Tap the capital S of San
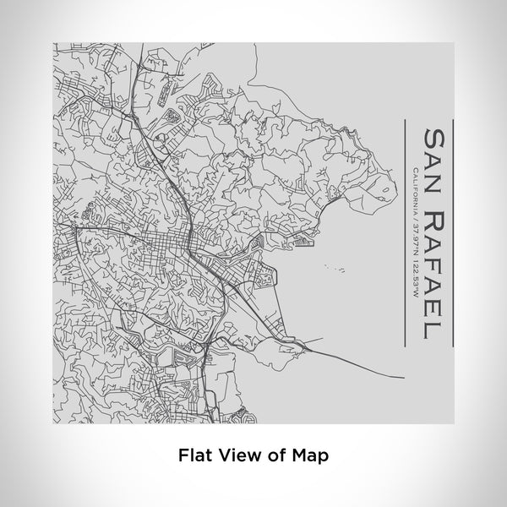431,139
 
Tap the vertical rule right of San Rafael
452,232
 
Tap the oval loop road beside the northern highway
171,115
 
